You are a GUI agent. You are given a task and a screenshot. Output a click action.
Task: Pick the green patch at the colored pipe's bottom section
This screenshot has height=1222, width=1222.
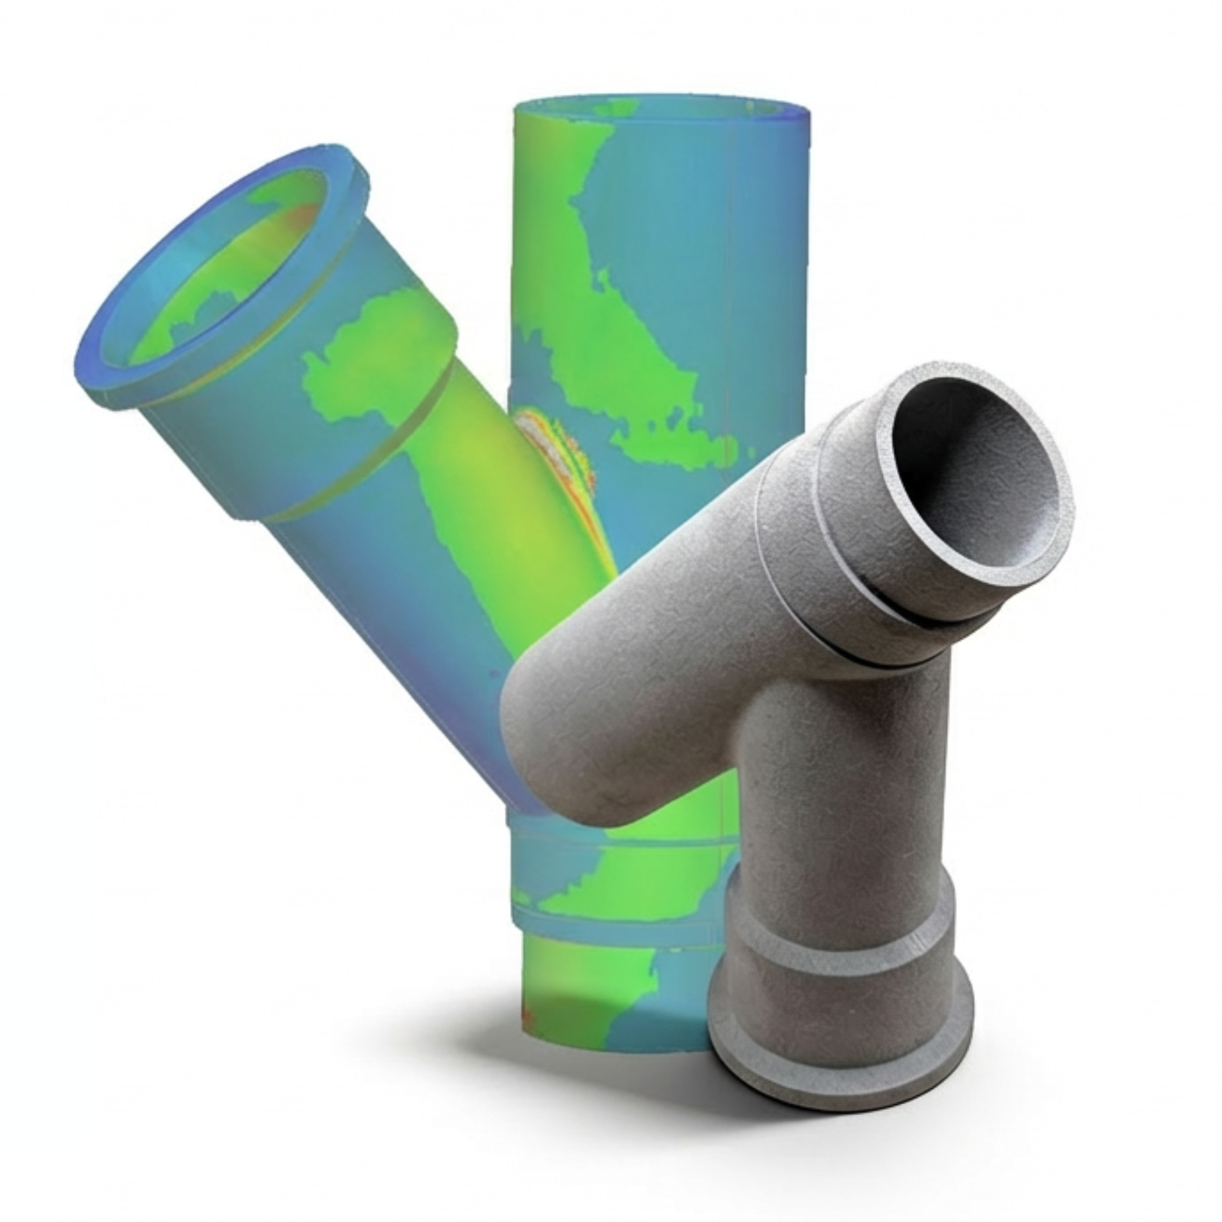click(x=586, y=980)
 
